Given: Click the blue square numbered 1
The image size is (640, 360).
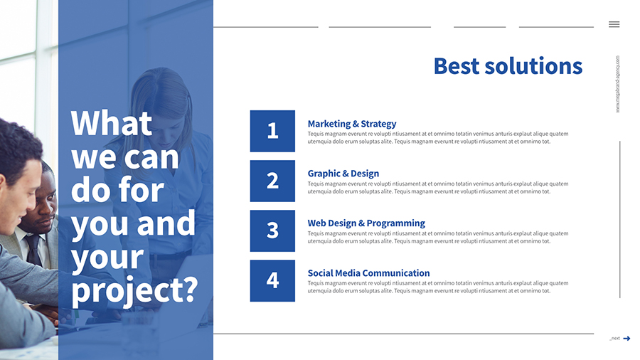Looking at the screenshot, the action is click(272, 131).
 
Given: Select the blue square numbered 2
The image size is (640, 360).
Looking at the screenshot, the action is click(272, 181).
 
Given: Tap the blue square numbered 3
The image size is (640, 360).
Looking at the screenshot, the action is click(272, 231).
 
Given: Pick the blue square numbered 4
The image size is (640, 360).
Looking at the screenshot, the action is click(272, 281).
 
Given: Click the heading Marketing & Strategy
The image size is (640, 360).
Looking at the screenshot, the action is click(352, 124).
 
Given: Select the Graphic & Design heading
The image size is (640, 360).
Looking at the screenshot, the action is click(343, 174).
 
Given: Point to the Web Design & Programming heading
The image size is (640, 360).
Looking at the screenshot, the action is click(366, 223).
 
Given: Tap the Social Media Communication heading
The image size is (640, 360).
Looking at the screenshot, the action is click(368, 273).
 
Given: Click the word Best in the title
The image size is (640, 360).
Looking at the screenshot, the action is click(457, 66).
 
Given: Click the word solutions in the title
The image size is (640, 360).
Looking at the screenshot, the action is click(533, 66).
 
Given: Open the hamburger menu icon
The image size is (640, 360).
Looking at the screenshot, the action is click(614, 24).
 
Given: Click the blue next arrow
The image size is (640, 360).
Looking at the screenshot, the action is click(626, 339).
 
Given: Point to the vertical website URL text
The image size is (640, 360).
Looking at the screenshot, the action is click(617, 84).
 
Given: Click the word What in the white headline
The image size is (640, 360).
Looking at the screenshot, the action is click(112, 123).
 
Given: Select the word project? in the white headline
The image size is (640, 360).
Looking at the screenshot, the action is click(134, 290).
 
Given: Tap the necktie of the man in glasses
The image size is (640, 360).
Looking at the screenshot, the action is click(34, 250).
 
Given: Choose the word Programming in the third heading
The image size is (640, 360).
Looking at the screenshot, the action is click(396, 223).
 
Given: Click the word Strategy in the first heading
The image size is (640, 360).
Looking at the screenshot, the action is click(378, 124).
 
